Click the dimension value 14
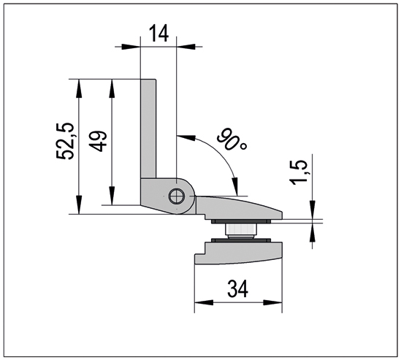click(159, 34)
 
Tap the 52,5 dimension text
click(66, 142)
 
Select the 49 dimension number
click(98, 142)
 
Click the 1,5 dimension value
click(299, 172)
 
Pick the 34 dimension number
click(238, 289)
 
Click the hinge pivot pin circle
click(177, 196)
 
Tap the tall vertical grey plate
click(148, 129)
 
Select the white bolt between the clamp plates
click(240, 230)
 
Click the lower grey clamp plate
click(238, 253)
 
